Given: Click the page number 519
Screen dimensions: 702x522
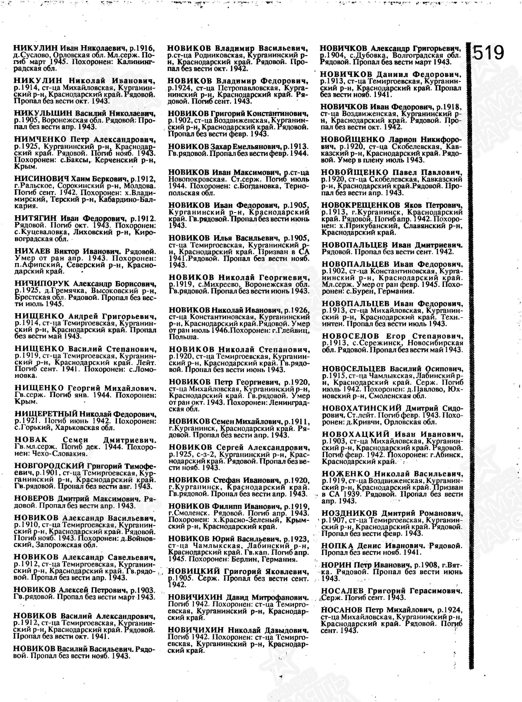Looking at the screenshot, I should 488,52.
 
